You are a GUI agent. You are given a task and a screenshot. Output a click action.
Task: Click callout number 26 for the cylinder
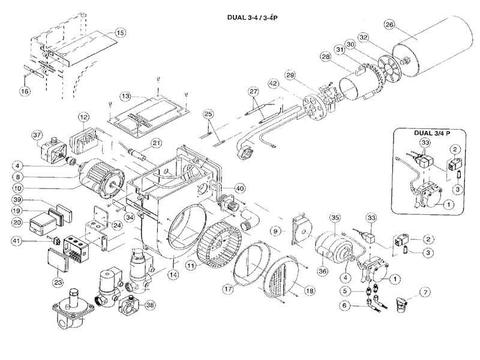click(x=389, y=25)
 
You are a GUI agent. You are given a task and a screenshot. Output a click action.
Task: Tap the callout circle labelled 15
click(x=120, y=32)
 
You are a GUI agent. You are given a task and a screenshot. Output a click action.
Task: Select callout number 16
click(x=25, y=91)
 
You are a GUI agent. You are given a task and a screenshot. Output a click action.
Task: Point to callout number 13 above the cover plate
click(x=125, y=96)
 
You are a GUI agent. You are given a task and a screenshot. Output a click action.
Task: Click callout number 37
click(x=21, y=134)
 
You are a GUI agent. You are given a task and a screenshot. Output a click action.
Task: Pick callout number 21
click(x=156, y=142)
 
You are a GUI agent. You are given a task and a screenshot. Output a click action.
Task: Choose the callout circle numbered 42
click(x=274, y=83)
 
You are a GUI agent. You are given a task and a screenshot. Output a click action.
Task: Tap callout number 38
click(x=150, y=304)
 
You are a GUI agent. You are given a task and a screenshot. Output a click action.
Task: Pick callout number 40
click(x=239, y=188)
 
